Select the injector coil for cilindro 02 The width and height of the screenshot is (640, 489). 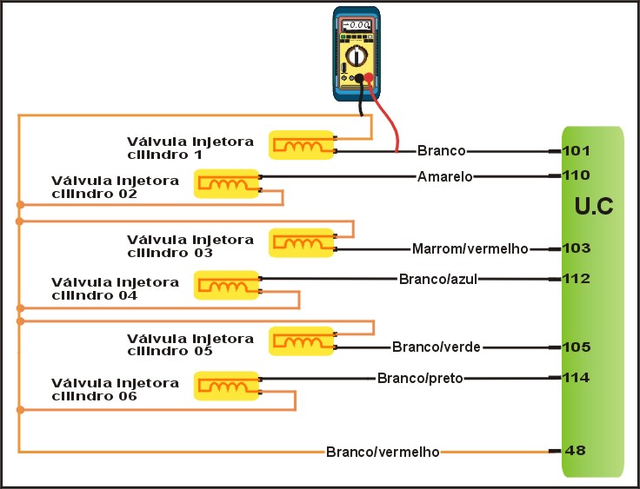[x=226, y=183]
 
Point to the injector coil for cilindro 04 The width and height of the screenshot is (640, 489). [x=226, y=286]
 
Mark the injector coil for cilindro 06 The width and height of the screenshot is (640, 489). [x=226, y=385]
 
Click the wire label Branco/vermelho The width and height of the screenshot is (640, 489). [x=383, y=452]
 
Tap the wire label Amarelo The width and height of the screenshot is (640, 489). [x=444, y=176]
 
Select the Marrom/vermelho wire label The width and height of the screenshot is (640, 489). [x=470, y=249]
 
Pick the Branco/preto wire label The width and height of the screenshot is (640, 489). [x=420, y=378]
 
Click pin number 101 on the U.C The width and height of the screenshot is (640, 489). [x=577, y=150]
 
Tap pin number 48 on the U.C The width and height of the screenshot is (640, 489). [x=575, y=451]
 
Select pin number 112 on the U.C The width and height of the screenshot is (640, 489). [x=577, y=279]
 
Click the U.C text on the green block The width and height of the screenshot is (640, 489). [x=596, y=208]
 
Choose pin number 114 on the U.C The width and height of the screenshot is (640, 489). [x=577, y=378]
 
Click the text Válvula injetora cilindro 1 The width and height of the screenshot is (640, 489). [x=190, y=148]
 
